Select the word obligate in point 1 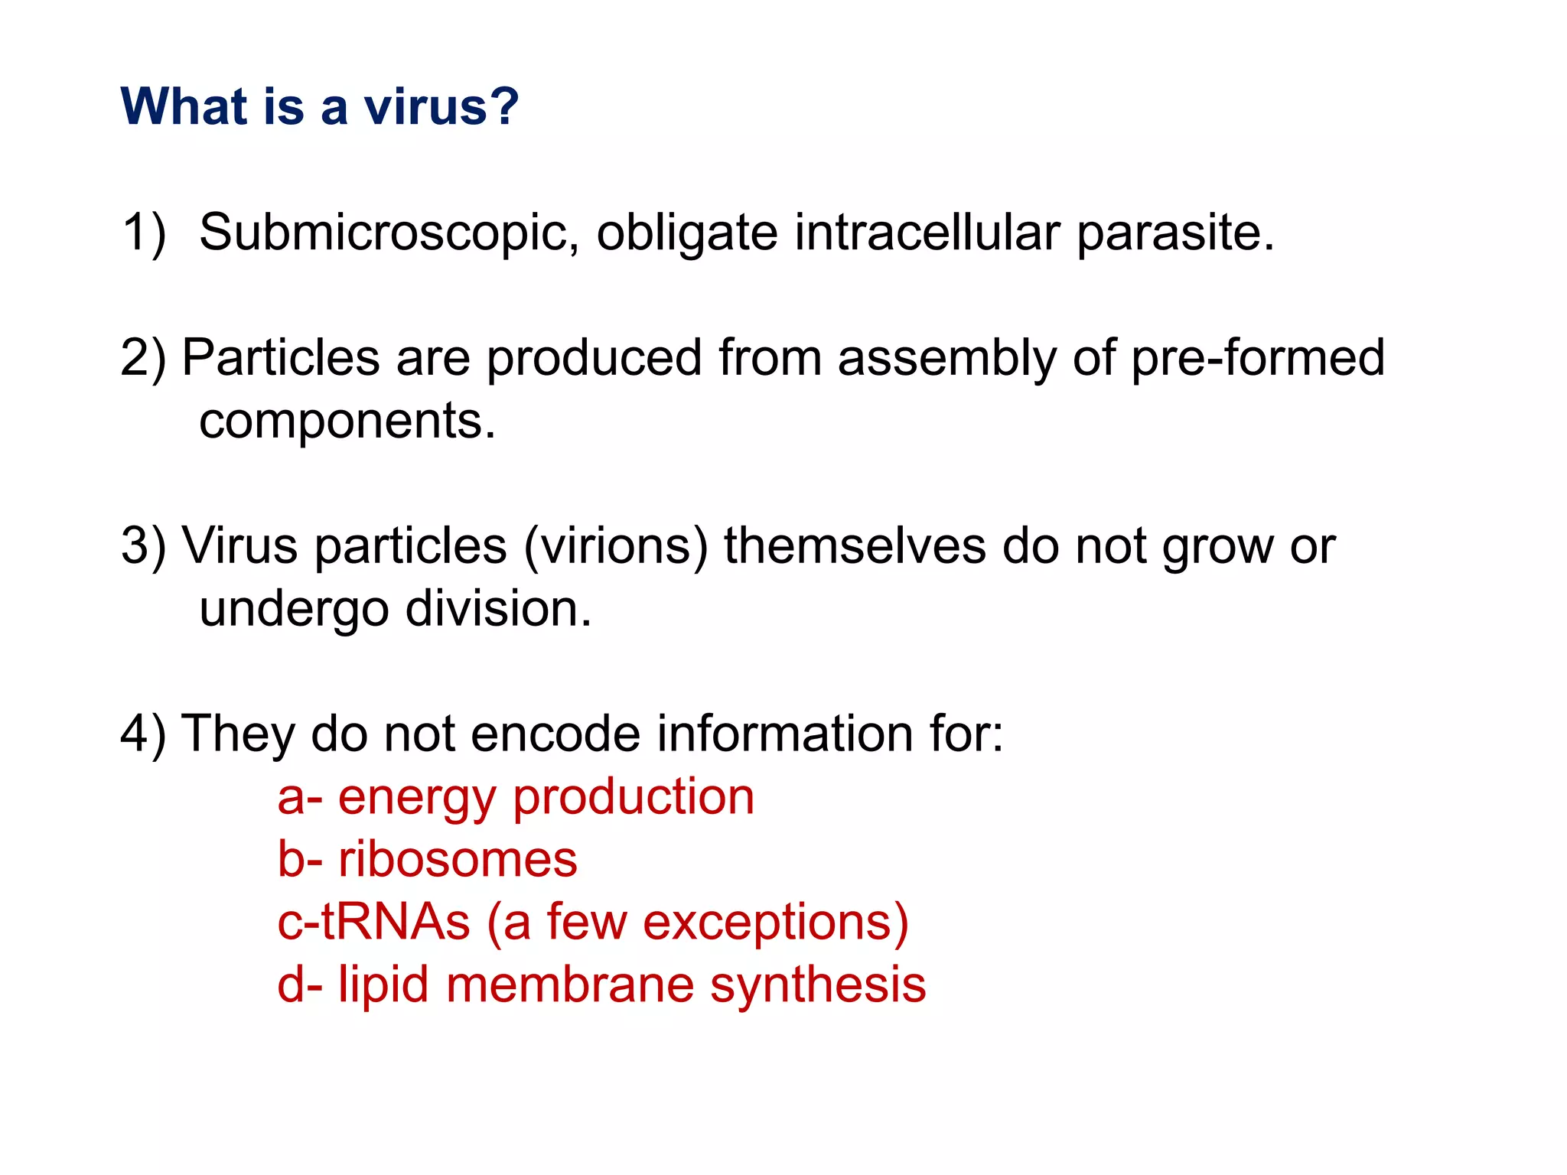pos(686,233)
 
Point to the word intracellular pos(927,233)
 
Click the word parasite pos(1175,233)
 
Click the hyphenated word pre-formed pos(1257,358)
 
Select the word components pos(347,421)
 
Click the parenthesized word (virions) pos(616,546)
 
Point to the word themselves pos(855,546)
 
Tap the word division pos(498,609)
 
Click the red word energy pos(417,798)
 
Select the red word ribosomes pos(458,860)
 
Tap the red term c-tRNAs pos(373,922)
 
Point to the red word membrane pos(570,985)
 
